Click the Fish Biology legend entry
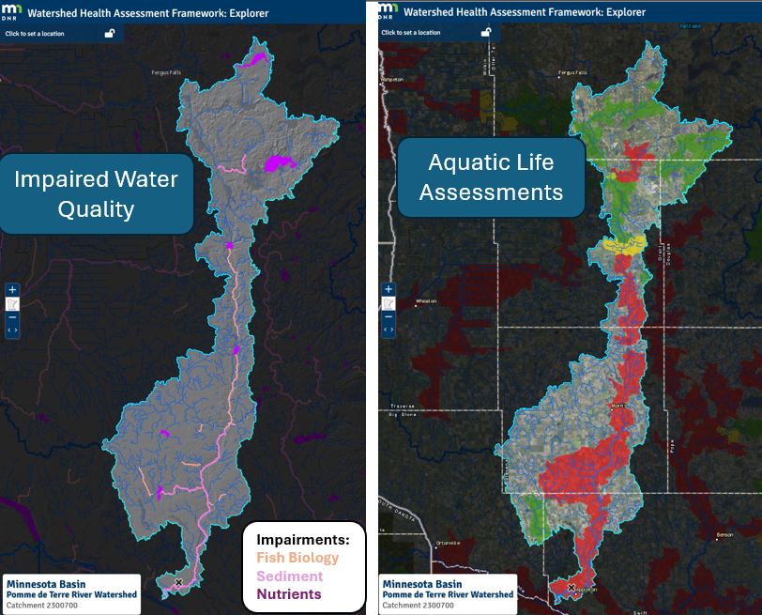(297, 558)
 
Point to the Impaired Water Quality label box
(96, 193)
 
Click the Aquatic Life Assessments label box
(491, 177)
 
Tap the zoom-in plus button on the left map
(12, 290)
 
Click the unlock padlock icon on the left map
(110, 33)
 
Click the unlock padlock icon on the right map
(486, 32)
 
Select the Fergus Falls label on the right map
(572, 71)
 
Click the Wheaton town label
(427, 301)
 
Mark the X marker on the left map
(178, 583)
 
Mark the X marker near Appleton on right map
(571, 588)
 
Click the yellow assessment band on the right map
(623, 245)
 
